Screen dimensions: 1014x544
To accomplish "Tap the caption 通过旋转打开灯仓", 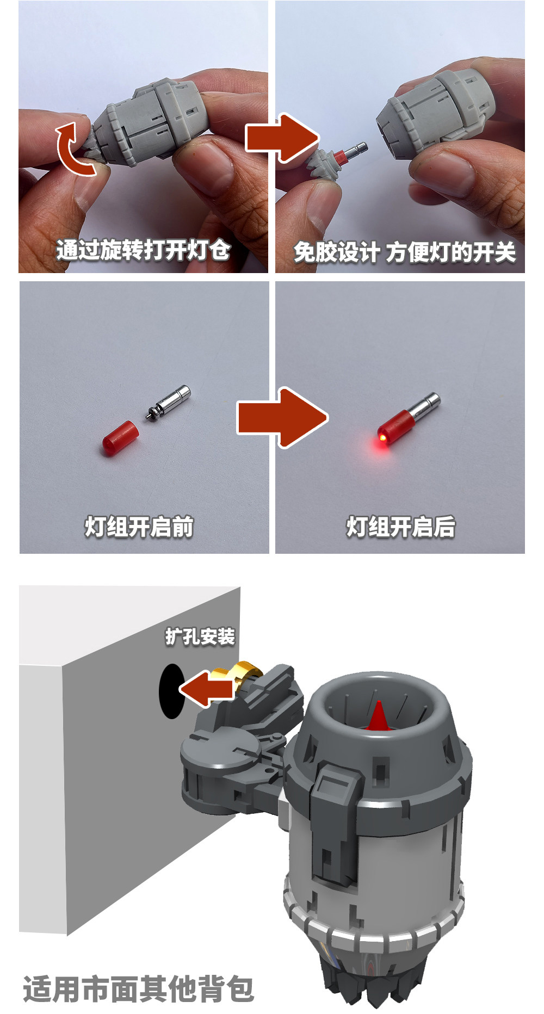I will (143, 251).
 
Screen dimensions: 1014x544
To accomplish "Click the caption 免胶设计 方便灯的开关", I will (404, 252).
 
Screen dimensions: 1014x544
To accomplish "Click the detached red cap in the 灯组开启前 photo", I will (120, 438).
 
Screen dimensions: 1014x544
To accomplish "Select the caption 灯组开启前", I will (139, 527).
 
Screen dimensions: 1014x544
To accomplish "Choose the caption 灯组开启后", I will (401, 527).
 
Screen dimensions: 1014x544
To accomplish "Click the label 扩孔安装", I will (200, 636).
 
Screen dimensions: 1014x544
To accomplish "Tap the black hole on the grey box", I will (171, 691).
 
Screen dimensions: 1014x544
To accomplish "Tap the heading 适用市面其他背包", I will (139, 988).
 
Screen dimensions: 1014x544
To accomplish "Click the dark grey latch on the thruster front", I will (333, 816).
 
